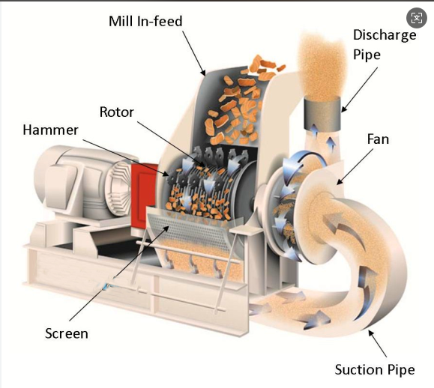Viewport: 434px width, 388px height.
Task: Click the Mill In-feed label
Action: coord(145,21)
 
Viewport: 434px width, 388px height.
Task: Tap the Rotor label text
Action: coord(116,112)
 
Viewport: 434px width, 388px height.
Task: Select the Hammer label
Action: coord(50,130)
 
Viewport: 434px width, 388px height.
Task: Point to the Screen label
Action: coord(67,333)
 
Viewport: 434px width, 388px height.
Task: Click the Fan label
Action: coord(378,139)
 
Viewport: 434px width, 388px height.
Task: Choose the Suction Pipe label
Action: coord(375,370)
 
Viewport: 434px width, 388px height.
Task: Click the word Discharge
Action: coord(385,35)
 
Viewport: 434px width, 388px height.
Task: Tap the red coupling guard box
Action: coord(144,197)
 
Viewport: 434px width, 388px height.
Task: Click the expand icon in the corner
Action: coord(417,18)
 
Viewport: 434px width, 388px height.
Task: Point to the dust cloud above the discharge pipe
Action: coord(322,67)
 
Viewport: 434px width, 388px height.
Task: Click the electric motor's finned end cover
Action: coord(118,189)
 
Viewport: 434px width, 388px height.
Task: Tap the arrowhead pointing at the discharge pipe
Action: coord(343,110)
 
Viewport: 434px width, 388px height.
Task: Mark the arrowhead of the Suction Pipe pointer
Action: coord(370,333)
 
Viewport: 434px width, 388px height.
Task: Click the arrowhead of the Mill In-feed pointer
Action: coord(204,73)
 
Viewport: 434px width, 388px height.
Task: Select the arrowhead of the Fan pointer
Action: coord(339,182)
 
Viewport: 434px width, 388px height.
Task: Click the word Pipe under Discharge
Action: coord(367,55)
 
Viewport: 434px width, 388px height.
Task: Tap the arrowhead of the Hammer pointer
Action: coord(166,175)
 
